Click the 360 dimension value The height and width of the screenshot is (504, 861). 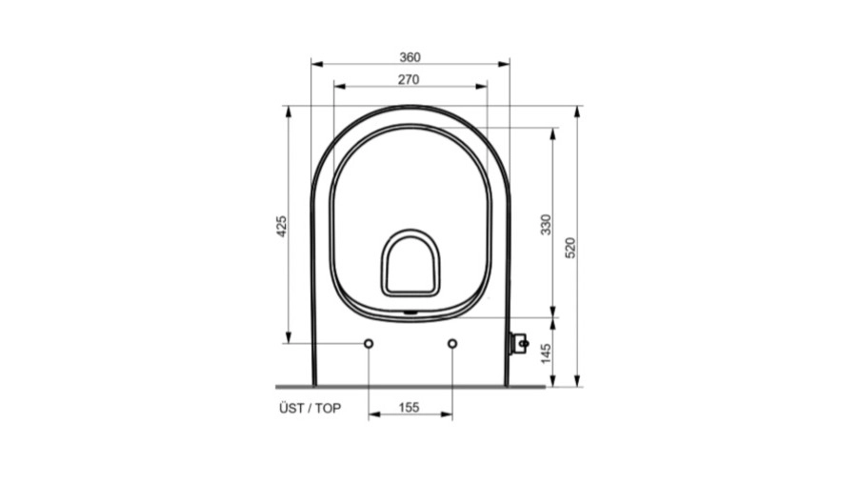click(410, 57)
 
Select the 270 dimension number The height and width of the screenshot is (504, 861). click(409, 80)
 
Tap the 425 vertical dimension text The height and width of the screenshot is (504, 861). click(281, 226)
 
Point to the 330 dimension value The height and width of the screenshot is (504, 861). click(546, 225)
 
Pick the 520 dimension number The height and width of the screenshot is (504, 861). click(571, 248)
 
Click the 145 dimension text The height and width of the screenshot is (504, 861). click(546, 353)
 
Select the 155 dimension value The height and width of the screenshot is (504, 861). click(410, 408)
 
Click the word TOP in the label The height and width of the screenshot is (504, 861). click(328, 409)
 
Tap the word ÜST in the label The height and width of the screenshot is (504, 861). click(291, 408)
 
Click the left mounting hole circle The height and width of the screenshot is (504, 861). click(369, 344)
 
